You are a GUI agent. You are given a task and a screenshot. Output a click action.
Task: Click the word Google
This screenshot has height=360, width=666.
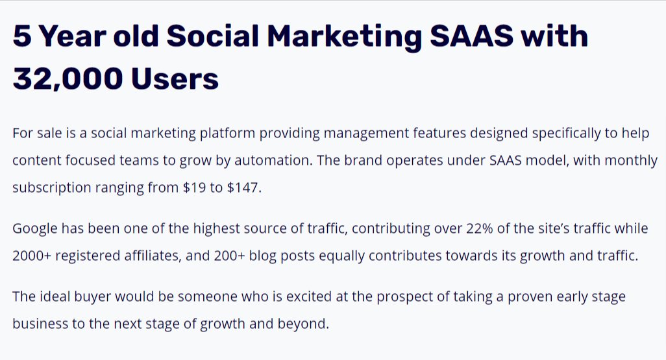click(x=35, y=228)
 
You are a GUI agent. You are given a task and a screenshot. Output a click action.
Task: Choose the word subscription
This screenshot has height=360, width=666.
click(x=51, y=187)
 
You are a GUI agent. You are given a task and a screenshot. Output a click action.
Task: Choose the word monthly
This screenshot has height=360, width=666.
click(x=632, y=160)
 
